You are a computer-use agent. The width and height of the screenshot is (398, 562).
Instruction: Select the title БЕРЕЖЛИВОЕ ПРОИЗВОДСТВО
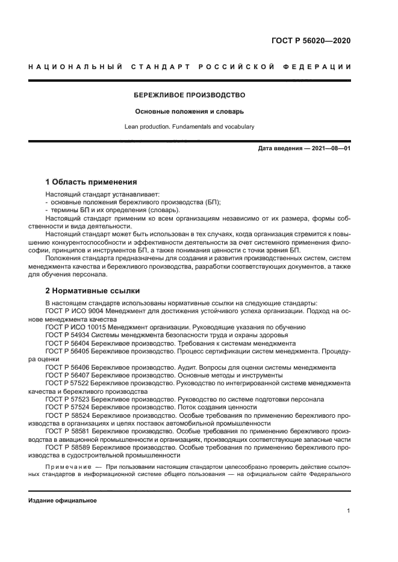[190, 95]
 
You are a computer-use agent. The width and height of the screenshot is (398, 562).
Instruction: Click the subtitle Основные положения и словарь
[190, 111]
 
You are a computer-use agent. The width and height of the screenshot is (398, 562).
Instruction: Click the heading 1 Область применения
[92, 182]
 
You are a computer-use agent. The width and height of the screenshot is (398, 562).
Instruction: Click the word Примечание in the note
[67, 466]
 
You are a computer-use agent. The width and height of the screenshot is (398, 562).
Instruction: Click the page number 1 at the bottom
[349, 511]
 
